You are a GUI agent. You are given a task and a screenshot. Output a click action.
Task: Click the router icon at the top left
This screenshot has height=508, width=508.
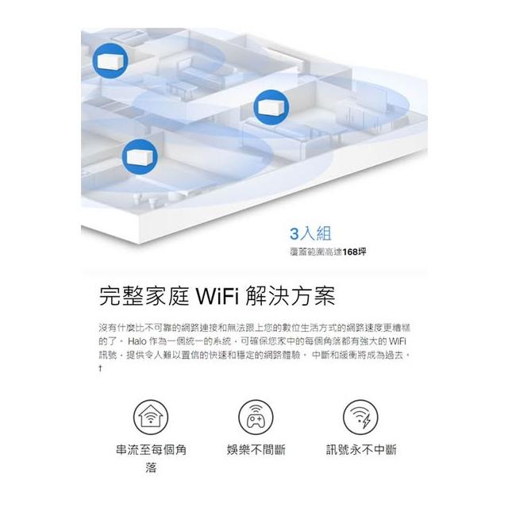click(106, 57)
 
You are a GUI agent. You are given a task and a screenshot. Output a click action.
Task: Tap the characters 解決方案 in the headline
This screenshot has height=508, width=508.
click(297, 298)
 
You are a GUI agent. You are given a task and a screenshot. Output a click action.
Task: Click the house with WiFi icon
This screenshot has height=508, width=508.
click(151, 418)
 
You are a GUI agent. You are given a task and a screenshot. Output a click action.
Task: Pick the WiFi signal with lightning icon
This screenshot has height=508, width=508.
click(360, 418)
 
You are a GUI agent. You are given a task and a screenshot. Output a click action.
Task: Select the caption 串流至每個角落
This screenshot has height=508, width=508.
click(151, 459)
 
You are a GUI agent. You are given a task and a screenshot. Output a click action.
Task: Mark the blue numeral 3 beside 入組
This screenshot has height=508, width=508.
click(295, 233)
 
